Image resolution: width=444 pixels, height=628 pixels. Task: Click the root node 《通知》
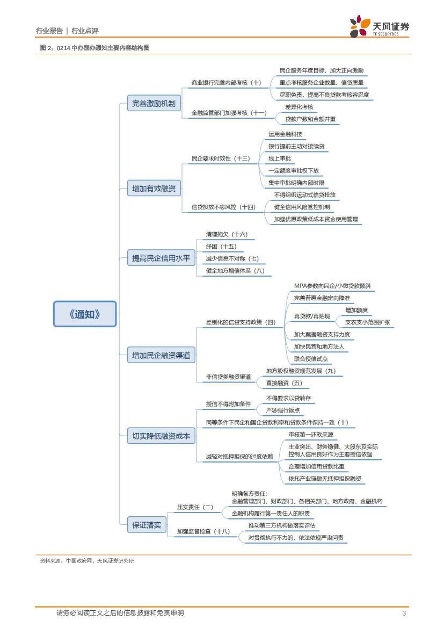[x=85, y=314]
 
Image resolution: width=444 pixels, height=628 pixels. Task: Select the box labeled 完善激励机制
[x=154, y=104]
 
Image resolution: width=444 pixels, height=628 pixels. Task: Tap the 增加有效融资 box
[x=154, y=189]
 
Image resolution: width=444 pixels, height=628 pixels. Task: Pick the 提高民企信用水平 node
[x=161, y=258]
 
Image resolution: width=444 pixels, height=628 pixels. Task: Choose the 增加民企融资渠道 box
[x=161, y=355]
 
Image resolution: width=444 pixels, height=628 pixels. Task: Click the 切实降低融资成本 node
[x=161, y=436]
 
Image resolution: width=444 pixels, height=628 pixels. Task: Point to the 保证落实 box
[x=147, y=525]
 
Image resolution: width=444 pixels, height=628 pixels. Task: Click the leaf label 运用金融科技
[x=285, y=134]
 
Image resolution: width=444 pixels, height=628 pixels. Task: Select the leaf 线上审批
[x=280, y=158]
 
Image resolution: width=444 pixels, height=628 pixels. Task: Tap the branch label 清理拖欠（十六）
[x=227, y=234]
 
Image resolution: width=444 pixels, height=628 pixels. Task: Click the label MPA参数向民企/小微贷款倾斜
[x=332, y=286]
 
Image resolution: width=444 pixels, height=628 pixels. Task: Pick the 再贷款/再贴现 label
[x=312, y=316]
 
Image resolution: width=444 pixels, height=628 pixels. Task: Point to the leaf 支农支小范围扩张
[x=367, y=322]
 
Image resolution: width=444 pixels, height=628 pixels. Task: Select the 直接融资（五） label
[x=285, y=383]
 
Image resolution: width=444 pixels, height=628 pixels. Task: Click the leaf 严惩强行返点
[x=283, y=410]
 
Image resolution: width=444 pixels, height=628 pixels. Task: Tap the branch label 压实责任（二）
[x=195, y=507]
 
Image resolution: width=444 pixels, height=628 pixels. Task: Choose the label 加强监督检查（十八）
[x=203, y=531]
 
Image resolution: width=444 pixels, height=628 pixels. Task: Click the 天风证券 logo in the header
[x=380, y=27]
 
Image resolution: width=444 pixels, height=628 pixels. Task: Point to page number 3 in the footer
[x=404, y=613]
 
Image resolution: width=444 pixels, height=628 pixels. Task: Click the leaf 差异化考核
[x=299, y=107]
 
